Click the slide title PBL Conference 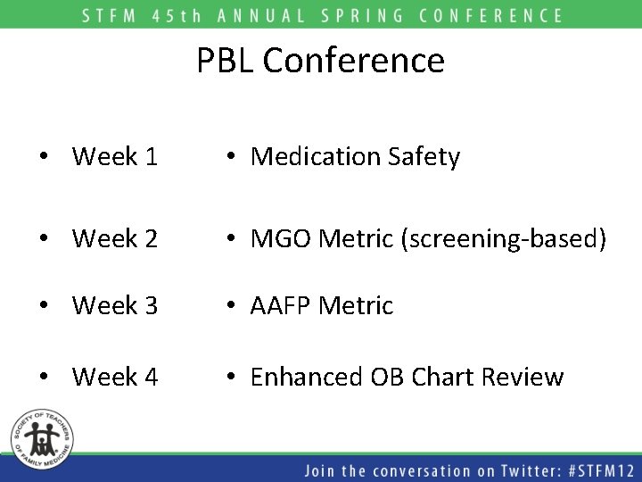tap(320, 61)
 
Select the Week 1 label tap(114, 157)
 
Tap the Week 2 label tap(114, 238)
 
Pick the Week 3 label tap(114, 305)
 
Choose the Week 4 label tap(114, 377)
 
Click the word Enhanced tap(308, 377)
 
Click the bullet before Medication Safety tap(230, 158)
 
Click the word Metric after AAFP tap(359, 305)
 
